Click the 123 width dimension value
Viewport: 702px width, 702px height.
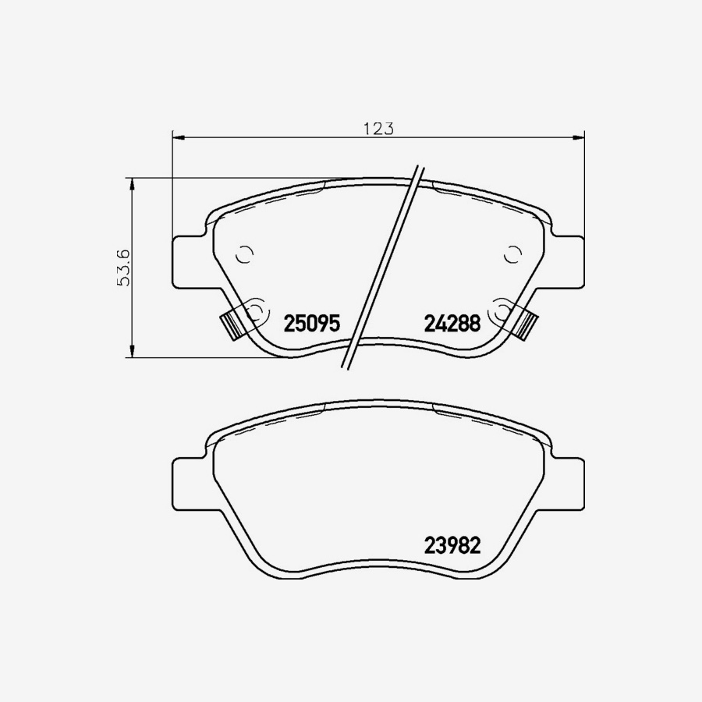click(x=378, y=129)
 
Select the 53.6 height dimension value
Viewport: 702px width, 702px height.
click(x=122, y=268)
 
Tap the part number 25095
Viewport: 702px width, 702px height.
click(x=312, y=323)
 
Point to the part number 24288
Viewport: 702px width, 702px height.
click(x=452, y=323)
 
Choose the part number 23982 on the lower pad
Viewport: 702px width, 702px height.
click(x=452, y=545)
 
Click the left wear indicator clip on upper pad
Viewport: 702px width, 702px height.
click(x=231, y=324)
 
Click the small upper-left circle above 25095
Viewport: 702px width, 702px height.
click(x=244, y=253)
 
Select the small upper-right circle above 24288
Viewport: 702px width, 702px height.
click(x=512, y=253)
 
